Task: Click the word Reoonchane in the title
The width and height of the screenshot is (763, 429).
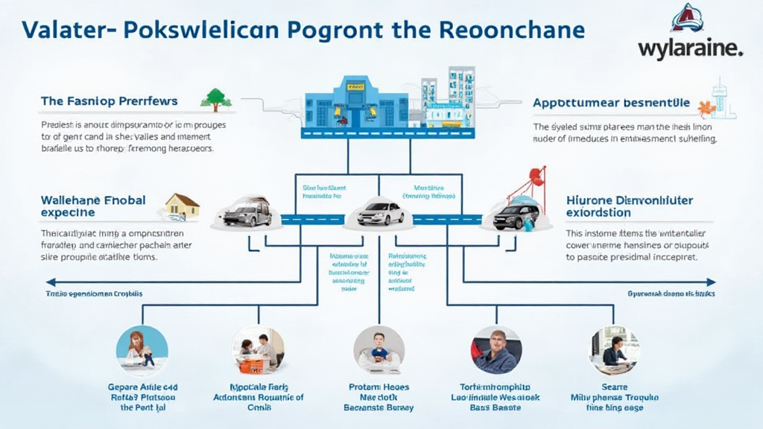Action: (x=513, y=29)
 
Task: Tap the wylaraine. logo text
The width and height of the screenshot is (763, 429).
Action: (x=691, y=49)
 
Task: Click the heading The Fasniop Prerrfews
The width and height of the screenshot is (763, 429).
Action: (x=109, y=101)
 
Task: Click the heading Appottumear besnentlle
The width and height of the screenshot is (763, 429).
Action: (x=611, y=103)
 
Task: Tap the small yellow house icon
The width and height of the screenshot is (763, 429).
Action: (x=182, y=206)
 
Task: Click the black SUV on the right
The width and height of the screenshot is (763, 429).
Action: (x=516, y=216)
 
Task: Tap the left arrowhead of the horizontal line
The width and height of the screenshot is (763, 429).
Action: (x=50, y=282)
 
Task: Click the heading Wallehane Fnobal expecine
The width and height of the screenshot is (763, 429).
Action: (x=93, y=206)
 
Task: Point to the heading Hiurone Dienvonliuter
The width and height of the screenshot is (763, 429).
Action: (x=630, y=200)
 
